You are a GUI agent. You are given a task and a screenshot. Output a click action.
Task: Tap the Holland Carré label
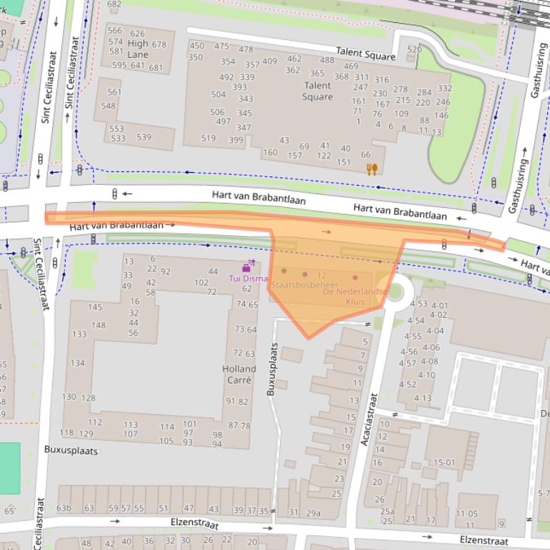click(239, 374)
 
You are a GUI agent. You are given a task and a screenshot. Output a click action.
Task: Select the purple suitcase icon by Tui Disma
click(246, 268)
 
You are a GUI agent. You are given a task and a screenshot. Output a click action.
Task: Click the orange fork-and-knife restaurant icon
click(371, 169)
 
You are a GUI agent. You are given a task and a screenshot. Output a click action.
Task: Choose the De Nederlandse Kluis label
click(355, 296)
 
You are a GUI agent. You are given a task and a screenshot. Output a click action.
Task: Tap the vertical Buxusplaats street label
click(271, 368)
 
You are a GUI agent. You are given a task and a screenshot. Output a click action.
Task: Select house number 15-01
click(444, 462)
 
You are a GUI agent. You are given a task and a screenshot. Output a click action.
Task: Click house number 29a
click(314, 513)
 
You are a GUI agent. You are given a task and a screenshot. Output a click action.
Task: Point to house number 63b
click(64, 509)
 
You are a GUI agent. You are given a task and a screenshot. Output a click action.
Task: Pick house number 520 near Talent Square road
click(414, 49)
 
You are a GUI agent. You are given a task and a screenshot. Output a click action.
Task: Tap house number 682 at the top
click(114, 4)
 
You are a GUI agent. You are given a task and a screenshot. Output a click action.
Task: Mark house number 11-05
click(466, 514)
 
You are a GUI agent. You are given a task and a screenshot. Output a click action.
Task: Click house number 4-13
click(422, 399)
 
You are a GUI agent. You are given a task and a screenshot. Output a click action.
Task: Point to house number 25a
click(387, 511)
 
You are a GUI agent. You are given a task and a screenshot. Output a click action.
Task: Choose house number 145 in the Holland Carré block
click(95, 307)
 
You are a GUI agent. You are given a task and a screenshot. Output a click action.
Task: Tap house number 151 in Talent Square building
click(344, 162)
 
